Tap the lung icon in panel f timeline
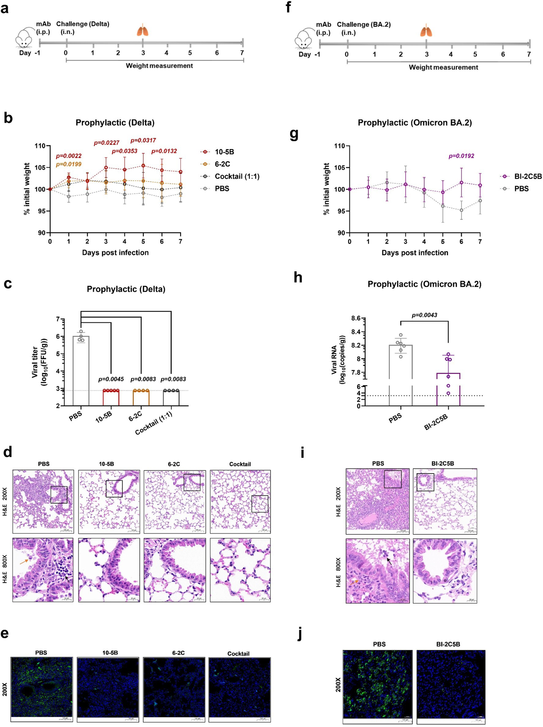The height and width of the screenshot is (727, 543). tap(426, 30)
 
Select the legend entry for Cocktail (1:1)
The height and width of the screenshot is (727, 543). tap(237, 177)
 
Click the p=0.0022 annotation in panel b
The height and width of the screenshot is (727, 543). tap(69, 156)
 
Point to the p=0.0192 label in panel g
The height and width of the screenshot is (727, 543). tap(461, 156)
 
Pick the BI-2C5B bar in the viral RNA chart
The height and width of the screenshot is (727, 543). tap(448, 389)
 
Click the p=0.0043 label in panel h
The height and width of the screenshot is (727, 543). tap(424, 315)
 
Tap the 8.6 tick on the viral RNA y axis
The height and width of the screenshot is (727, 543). tap(356, 318)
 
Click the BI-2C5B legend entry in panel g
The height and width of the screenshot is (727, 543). tap(528, 177)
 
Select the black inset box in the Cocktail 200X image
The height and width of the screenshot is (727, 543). tap(259, 504)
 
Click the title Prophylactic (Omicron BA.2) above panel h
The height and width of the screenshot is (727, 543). tap(424, 284)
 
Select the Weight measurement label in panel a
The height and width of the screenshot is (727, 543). tap(159, 66)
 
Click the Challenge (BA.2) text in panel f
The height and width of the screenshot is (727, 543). tap(364, 25)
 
